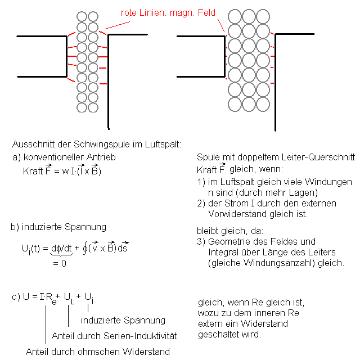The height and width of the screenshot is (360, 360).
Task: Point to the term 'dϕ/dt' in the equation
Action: coord(58,247)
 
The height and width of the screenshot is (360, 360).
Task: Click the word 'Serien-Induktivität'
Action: coord(143,336)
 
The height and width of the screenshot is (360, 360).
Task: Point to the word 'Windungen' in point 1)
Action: coord(330,182)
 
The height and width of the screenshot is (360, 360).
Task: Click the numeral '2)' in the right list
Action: coord(202,203)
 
